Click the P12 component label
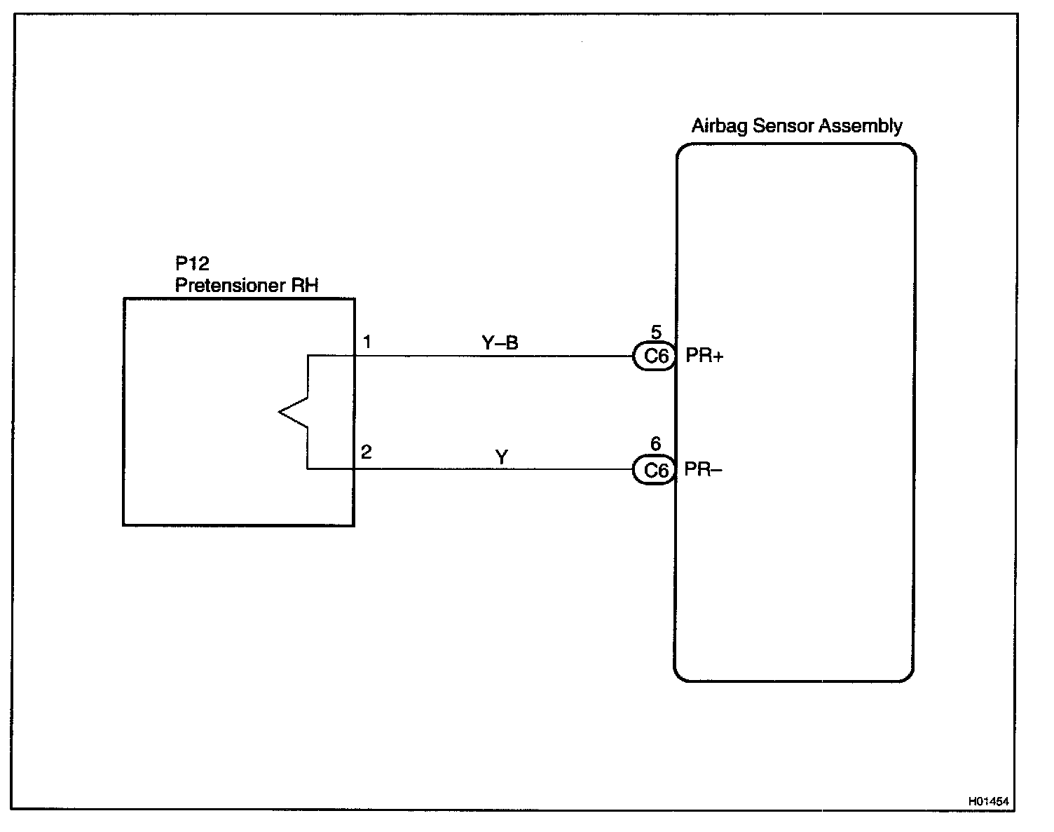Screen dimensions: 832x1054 coord(192,264)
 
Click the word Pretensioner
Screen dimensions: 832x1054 coord(228,286)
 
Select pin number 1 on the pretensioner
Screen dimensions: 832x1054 coord(367,342)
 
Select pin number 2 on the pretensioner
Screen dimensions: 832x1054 coord(367,452)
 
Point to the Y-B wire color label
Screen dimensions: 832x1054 coord(500,342)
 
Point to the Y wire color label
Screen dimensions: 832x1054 coord(502,457)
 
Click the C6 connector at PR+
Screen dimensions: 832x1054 coord(655,356)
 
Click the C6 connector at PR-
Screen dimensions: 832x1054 coord(655,470)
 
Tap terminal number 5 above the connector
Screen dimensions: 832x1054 coord(656,332)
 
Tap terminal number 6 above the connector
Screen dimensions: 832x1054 coord(656,444)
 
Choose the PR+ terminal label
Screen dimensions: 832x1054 coord(704,356)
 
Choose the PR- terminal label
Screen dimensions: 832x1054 coord(703,469)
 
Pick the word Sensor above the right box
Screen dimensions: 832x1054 coord(781,127)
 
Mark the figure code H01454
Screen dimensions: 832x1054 coord(991,800)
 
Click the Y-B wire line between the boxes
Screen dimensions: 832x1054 coord(491,356)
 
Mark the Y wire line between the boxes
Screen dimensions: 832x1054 coord(491,469)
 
